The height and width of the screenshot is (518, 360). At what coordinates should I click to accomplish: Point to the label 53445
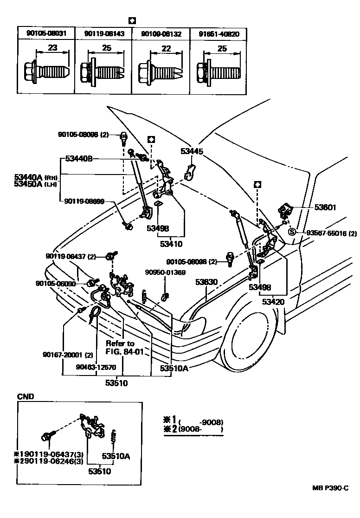(x=192, y=151)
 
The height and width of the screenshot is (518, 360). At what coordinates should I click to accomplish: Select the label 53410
(x=171, y=243)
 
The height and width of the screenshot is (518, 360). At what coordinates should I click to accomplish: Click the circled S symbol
(x=292, y=233)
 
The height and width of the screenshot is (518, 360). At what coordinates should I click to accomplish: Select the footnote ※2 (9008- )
(x=193, y=430)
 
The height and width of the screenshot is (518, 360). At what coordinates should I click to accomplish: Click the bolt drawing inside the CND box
(x=47, y=436)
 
